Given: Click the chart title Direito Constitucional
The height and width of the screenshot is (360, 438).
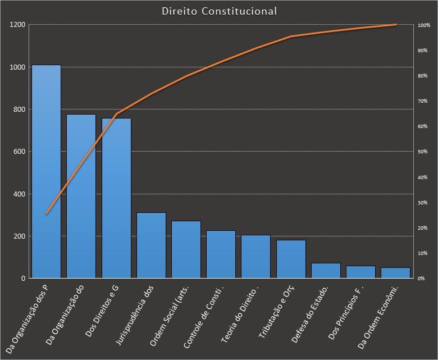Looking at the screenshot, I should click(219, 11).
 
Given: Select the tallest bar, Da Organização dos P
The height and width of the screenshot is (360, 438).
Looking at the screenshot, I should click(46, 171).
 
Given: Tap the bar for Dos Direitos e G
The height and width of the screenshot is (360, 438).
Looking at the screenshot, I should click(116, 198).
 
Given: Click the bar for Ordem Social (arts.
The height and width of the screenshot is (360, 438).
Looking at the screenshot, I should click(186, 249).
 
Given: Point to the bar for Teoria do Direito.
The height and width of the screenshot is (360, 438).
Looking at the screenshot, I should click(255, 257).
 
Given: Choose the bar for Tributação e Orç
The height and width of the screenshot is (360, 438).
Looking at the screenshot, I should click(291, 259).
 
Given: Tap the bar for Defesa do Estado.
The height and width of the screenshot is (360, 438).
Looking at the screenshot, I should click(326, 271).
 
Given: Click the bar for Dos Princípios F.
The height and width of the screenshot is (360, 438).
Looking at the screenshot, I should click(361, 272).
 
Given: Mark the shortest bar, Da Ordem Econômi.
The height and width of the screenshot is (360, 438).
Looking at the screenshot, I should click(395, 273).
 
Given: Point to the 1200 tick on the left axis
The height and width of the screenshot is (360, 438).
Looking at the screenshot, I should click(17, 25).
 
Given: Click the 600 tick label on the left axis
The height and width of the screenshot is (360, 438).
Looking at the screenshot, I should click(19, 152).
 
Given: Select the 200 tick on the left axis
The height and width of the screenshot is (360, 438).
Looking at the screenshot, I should click(19, 236).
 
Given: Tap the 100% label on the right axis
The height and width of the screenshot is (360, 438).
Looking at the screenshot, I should click(423, 25).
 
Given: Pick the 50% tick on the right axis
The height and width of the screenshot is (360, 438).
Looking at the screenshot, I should click(422, 152).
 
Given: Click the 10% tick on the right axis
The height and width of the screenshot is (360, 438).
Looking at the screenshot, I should click(422, 253).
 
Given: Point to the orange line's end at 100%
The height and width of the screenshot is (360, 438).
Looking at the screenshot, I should click(396, 25).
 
